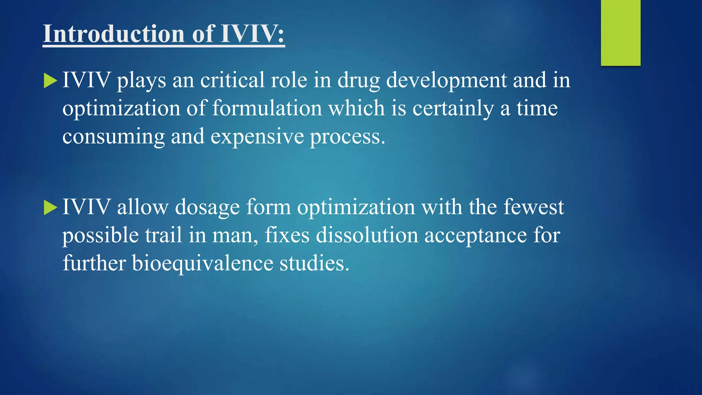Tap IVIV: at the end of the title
click(x=252, y=34)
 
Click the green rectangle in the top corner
click(x=620, y=33)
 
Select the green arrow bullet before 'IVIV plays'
click(x=50, y=81)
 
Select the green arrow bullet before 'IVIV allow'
click(x=50, y=208)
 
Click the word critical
click(x=232, y=80)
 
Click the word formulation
click(x=267, y=108)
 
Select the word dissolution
click(x=367, y=236)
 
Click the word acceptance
click(x=475, y=236)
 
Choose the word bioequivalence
click(x=202, y=264)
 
